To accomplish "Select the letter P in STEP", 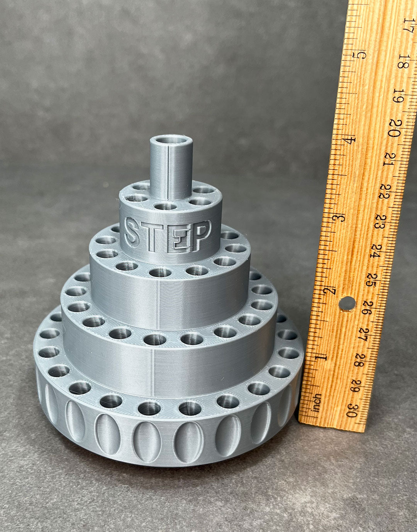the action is [x=201, y=235].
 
